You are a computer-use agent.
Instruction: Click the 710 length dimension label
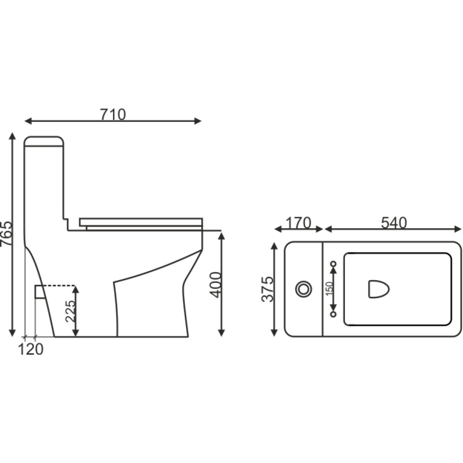coord(113,114)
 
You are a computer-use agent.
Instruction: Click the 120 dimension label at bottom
coord(31,349)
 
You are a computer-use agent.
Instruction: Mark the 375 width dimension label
coord(268,289)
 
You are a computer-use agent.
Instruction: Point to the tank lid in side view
coord(44,141)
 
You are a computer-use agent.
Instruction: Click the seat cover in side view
coord(141,222)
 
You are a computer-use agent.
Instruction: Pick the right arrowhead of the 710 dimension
coord(198,121)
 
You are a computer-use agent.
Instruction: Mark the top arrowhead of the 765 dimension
coord(13,137)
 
